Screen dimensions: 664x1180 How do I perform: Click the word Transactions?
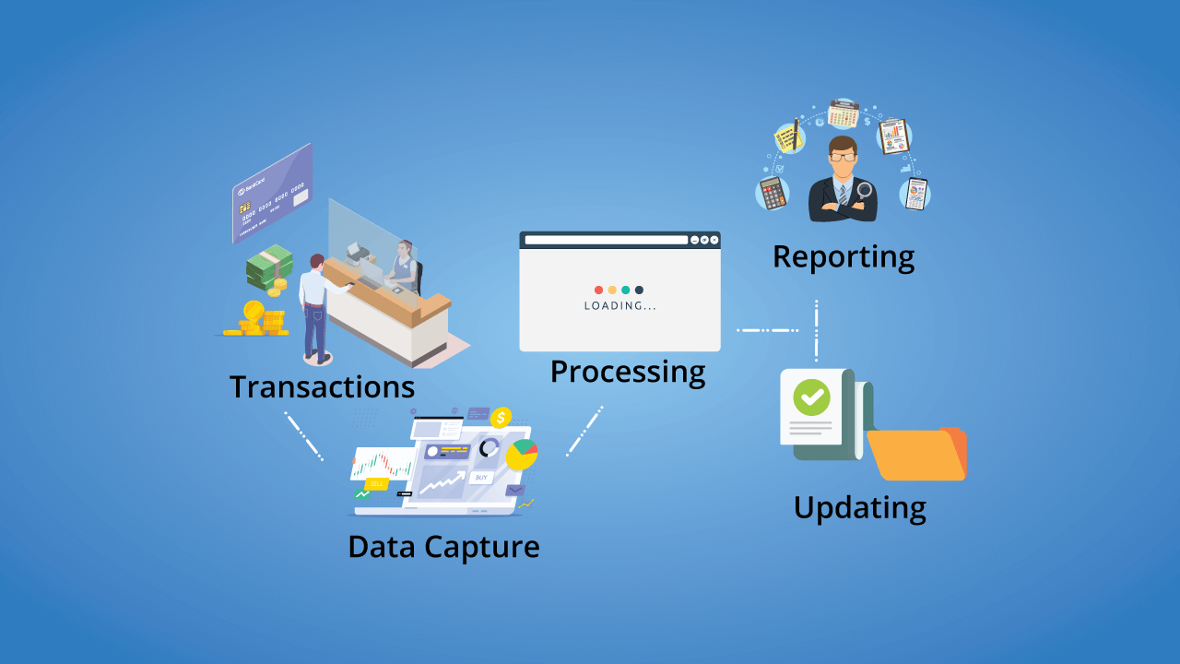point(322,385)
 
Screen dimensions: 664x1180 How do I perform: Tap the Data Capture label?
point(443,546)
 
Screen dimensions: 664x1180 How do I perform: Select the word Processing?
point(628,372)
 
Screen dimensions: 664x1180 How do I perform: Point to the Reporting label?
point(844,256)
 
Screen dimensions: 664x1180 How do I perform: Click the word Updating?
point(859,507)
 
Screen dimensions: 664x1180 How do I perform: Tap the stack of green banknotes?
point(269,267)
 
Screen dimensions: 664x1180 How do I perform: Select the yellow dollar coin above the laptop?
point(501,418)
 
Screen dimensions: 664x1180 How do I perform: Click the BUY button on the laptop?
point(480,478)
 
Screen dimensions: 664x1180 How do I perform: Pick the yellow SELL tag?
point(376,483)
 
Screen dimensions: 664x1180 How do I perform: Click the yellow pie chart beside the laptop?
point(523,454)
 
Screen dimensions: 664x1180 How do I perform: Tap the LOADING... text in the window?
point(620,306)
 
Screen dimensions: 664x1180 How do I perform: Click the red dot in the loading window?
point(599,290)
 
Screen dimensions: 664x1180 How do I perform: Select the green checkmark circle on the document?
point(811,397)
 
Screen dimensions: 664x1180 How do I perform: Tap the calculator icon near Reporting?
point(772,194)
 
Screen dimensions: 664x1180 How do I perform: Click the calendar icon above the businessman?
point(843,113)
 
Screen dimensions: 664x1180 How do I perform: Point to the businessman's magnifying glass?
point(865,192)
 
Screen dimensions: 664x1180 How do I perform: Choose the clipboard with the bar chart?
point(893,136)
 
